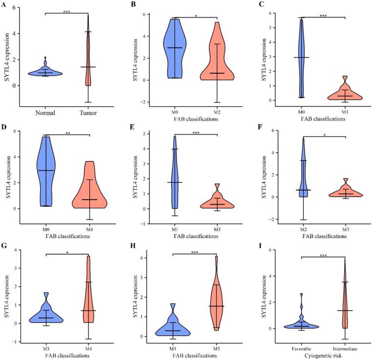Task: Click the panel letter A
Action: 4,4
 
